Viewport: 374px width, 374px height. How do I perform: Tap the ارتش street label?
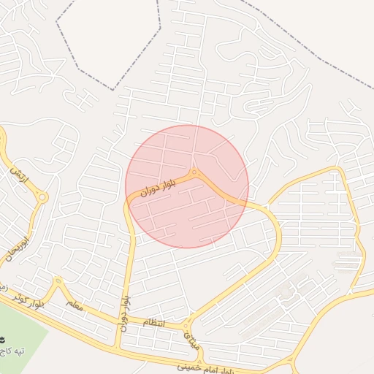18,175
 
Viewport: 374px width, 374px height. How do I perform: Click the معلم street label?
75,304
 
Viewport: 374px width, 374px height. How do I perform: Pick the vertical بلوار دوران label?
125,310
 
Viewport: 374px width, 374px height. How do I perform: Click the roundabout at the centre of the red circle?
194,172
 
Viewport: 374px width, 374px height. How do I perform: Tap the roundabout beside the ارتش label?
42,197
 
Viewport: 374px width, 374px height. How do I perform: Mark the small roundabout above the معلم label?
57,280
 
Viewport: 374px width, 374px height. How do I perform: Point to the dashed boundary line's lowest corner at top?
113,90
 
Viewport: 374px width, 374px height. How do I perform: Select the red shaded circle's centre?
187,186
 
